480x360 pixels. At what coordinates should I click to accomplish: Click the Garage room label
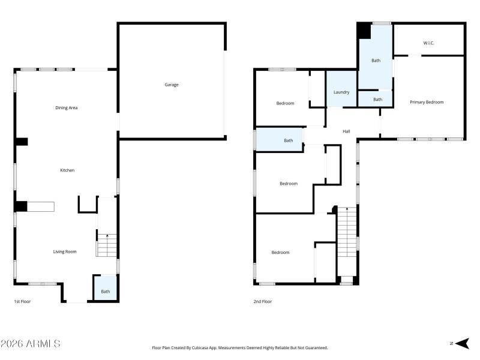click(172, 85)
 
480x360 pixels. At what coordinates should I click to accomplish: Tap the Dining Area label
click(67, 108)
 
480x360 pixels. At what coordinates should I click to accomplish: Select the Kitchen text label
click(67, 170)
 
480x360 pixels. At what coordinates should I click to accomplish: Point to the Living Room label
click(65, 251)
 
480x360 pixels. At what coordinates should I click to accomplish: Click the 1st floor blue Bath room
click(106, 289)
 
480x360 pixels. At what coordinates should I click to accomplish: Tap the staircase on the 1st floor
click(107, 245)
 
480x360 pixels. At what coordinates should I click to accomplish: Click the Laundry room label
click(341, 92)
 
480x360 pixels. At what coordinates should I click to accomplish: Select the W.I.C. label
click(428, 43)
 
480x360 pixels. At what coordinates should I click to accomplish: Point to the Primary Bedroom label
click(427, 102)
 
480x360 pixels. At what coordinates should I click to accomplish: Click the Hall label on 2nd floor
click(346, 131)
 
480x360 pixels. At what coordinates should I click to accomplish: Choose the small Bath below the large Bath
click(377, 99)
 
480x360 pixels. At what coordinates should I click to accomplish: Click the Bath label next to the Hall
click(289, 140)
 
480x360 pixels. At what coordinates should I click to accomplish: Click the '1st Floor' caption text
click(22, 301)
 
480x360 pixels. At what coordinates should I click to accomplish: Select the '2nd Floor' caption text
click(262, 301)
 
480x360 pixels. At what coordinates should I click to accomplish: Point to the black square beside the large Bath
click(364, 31)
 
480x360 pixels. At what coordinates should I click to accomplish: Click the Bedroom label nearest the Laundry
click(285, 103)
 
